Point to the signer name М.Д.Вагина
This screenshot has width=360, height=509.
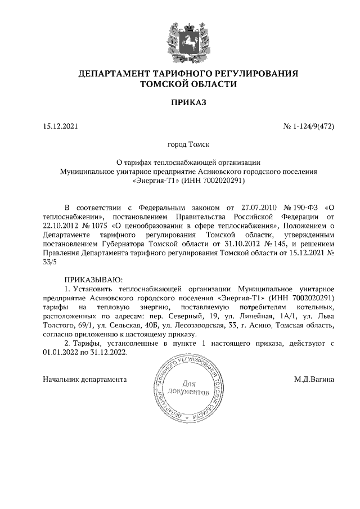point(314,380)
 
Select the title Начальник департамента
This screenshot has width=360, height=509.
point(83,380)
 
